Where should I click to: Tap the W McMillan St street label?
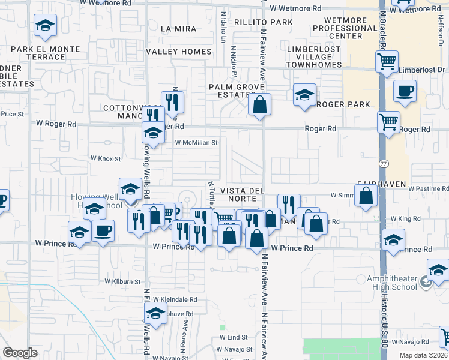coord(196,143)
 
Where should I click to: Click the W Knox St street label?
coord(106,158)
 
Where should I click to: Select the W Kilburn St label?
coord(122,281)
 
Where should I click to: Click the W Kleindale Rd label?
coord(175,299)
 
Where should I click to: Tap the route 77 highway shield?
coord(384,163)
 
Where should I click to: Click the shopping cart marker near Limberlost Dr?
coord(387,61)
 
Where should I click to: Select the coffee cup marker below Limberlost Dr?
coord(405,91)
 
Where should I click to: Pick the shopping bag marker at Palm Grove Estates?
coord(259,104)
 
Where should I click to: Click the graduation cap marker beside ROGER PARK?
coord(304,95)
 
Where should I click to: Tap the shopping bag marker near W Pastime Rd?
coord(366,196)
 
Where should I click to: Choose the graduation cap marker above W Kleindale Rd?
coord(155,314)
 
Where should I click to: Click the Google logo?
coord(20,353)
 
